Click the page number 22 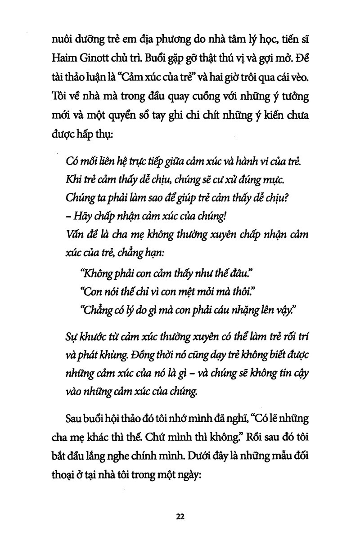click(x=180, y=517)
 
